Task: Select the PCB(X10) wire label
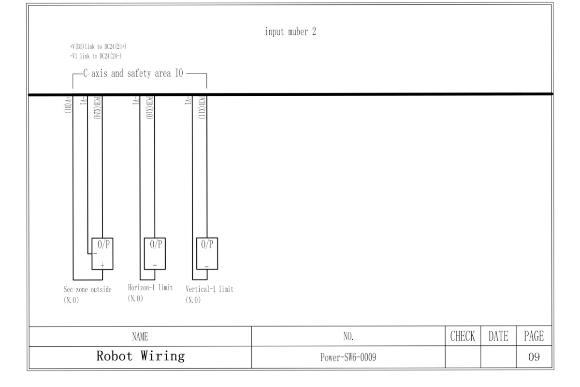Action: point(150,108)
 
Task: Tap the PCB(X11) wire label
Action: point(203,108)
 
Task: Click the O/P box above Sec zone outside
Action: point(102,253)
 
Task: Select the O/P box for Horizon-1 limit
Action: point(155,253)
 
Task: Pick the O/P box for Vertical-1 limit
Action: point(207,253)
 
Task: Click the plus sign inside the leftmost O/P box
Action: point(102,265)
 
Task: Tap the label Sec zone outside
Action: point(87,290)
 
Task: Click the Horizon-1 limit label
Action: point(150,288)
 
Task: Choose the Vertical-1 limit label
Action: point(209,289)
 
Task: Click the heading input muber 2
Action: point(290,32)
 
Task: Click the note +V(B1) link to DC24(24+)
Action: point(99,46)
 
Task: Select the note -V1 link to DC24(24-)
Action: point(96,56)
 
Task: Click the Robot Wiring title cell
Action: point(140,357)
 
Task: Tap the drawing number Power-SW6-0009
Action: point(348,357)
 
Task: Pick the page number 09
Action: point(534,357)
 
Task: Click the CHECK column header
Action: point(463,336)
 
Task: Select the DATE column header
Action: point(498,336)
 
